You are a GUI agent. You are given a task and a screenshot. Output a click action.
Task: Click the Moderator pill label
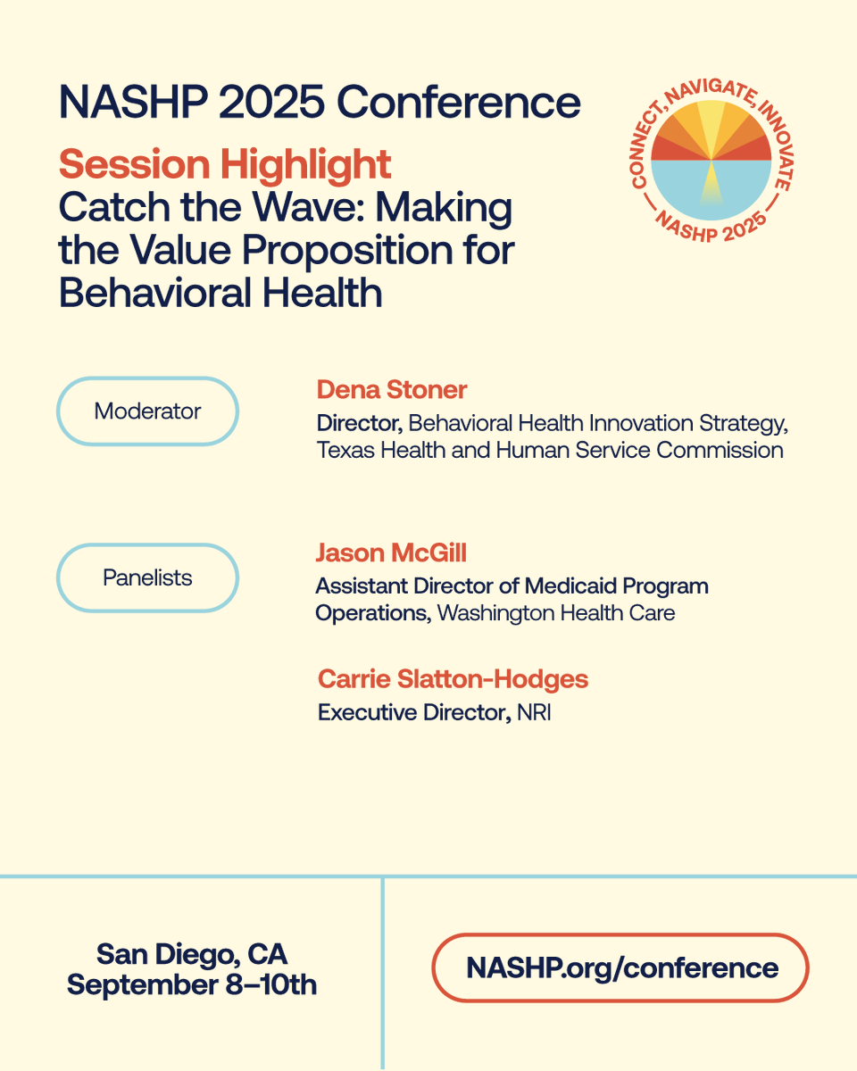click(x=147, y=411)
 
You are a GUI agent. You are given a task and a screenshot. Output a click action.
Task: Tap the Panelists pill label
click(x=147, y=577)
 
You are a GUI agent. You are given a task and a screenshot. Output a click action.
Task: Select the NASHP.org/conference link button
click(x=621, y=967)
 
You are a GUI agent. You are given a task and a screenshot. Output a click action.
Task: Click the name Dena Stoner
click(x=392, y=389)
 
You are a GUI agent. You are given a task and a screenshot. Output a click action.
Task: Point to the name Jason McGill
click(x=391, y=553)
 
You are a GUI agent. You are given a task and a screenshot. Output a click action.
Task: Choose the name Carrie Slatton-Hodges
click(x=453, y=679)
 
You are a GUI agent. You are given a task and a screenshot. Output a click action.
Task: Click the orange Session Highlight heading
click(x=225, y=164)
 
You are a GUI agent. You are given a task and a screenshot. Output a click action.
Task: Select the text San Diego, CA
click(x=192, y=954)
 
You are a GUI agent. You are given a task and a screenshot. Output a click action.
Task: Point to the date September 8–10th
click(x=192, y=984)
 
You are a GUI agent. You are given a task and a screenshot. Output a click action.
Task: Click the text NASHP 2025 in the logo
click(x=711, y=229)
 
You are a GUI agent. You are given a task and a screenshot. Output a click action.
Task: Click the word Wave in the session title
click(x=318, y=208)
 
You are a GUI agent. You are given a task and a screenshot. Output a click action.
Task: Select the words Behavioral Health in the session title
click(x=220, y=292)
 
